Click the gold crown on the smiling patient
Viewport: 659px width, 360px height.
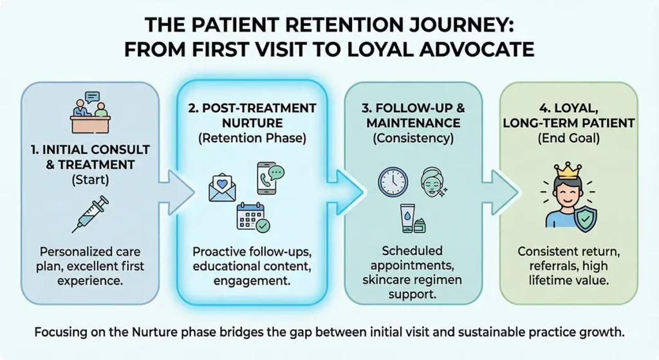[x=568, y=171]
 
